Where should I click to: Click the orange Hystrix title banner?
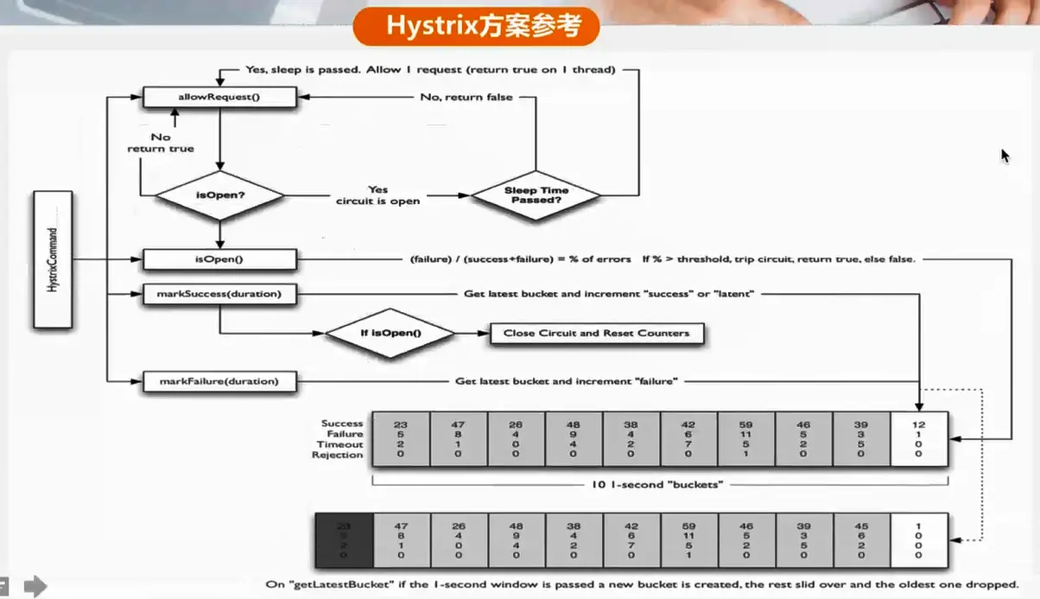click(x=476, y=27)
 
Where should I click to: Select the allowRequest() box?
click(x=219, y=98)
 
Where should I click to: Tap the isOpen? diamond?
click(x=219, y=195)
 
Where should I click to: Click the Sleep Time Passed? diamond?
click(x=536, y=195)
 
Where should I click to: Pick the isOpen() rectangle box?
click(x=219, y=259)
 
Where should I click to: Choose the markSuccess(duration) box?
click(x=219, y=295)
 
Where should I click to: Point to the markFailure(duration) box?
click(x=219, y=381)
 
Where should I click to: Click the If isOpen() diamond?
click(x=390, y=333)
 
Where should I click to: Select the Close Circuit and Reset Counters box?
click(x=596, y=334)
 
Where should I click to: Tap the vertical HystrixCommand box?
click(x=53, y=260)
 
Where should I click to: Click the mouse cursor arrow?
click(x=1005, y=156)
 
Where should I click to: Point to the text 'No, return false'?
click(x=466, y=98)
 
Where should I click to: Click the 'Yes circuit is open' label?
click(x=377, y=195)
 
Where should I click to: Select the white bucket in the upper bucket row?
click(x=918, y=439)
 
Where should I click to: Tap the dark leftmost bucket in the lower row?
click(x=344, y=541)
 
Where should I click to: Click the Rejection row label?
click(x=338, y=455)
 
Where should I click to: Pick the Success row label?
click(x=342, y=424)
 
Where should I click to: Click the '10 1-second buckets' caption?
click(x=658, y=484)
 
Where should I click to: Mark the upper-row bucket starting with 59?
click(x=746, y=439)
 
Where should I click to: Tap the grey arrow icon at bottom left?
click(x=35, y=587)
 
